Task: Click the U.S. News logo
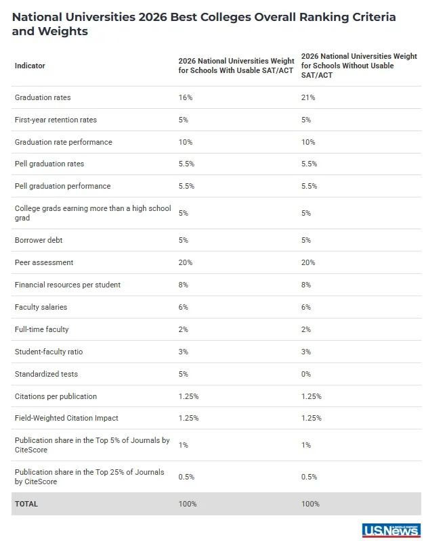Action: coord(391,530)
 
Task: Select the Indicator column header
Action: coord(30,66)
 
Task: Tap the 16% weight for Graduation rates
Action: coord(186,97)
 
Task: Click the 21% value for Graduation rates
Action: coord(308,97)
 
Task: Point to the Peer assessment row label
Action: coord(44,262)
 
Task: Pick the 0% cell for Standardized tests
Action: coord(306,374)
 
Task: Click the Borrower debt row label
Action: coord(39,240)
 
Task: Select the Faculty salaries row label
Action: coord(41,307)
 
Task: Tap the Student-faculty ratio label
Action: coord(49,352)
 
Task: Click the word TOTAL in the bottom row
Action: coord(26,504)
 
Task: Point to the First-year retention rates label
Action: coord(56,120)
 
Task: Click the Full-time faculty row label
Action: coord(41,329)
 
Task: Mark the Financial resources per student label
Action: coord(68,285)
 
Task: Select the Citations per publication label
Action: coord(56,396)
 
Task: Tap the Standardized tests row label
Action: coord(46,374)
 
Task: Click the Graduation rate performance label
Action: coord(64,142)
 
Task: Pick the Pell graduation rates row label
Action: coord(49,164)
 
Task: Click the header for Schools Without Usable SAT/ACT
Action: coord(357,66)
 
